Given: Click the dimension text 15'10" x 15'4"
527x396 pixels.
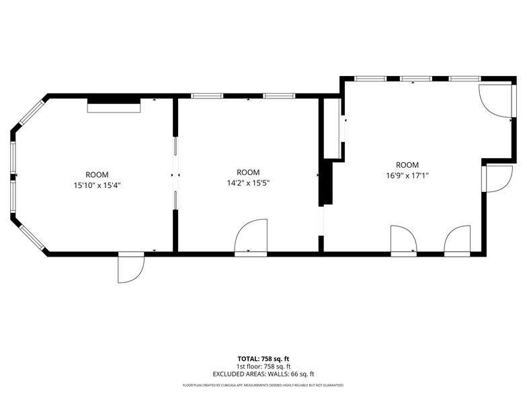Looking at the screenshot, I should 97,186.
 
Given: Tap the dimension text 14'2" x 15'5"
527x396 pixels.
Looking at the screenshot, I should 248,183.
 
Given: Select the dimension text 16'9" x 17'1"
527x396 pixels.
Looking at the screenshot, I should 407,176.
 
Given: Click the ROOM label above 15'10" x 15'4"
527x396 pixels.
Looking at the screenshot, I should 97,175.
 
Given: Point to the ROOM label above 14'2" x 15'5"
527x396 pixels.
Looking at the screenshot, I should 248,172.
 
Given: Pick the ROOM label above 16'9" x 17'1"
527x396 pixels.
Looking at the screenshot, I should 407,165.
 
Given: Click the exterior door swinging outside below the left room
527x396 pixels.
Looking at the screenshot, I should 131,268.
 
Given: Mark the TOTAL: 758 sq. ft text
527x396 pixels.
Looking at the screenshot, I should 263,359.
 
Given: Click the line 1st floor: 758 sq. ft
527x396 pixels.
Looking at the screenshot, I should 263,366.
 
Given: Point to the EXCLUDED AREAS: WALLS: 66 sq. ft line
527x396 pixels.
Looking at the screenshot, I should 263,374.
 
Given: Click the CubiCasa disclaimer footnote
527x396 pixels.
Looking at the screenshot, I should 263,385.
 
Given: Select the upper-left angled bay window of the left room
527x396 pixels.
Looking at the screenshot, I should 31,112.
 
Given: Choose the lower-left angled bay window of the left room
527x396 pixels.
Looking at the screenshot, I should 31,237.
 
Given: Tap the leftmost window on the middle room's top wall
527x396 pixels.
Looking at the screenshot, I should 207,96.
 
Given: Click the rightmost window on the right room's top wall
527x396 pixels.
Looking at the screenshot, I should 464,79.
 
